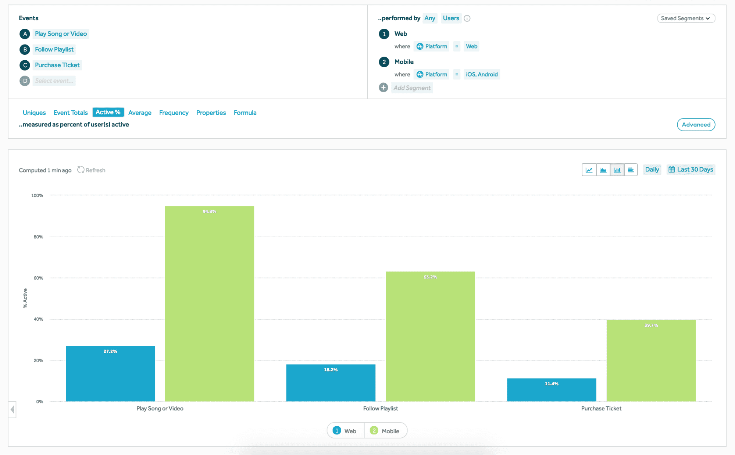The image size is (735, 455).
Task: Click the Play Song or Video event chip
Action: pyautogui.click(x=61, y=34)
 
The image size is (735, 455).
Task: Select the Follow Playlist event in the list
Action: pyautogui.click(x=54, y=49)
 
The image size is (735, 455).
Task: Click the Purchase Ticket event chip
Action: pyautogui.click(x=57, y=65)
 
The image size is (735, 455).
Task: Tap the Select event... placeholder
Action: pyautogui.click(x=54, y=81)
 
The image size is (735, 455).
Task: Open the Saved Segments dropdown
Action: pyautogui.click(x=686, y=18)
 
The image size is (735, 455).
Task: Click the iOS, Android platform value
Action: pyautogui.click(x=482, y=74)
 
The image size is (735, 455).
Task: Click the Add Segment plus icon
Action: pyautogui.click(x=383, y=88)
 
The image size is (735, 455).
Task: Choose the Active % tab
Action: pyautogui.click(x=108, y=112)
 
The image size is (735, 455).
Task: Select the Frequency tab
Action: pyautogui.click(x=174, y=113)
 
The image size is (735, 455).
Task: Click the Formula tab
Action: pyautogui.click(x=245, y=113)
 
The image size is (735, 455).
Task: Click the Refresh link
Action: pyautogui.click(x=92, y=170)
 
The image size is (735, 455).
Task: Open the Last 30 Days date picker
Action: pyautogui.click(x=691, y=170)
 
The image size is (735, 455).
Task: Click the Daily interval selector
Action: pyautogui.click(x=652, y=170)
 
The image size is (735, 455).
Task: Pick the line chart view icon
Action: pyautogui.click(x=589, y=170)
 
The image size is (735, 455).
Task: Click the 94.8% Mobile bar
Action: pyautogui.click(x=209, y=303)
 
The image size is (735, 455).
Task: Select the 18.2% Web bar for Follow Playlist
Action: pyautogui.click(x=331, y=383)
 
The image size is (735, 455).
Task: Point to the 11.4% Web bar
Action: pyautogui.click(x=551, y=390)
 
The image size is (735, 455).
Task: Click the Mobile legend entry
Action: pyautogui.click(x=385, y=431)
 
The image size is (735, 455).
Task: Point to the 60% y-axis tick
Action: pyautogui.click(x=38, y=278)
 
